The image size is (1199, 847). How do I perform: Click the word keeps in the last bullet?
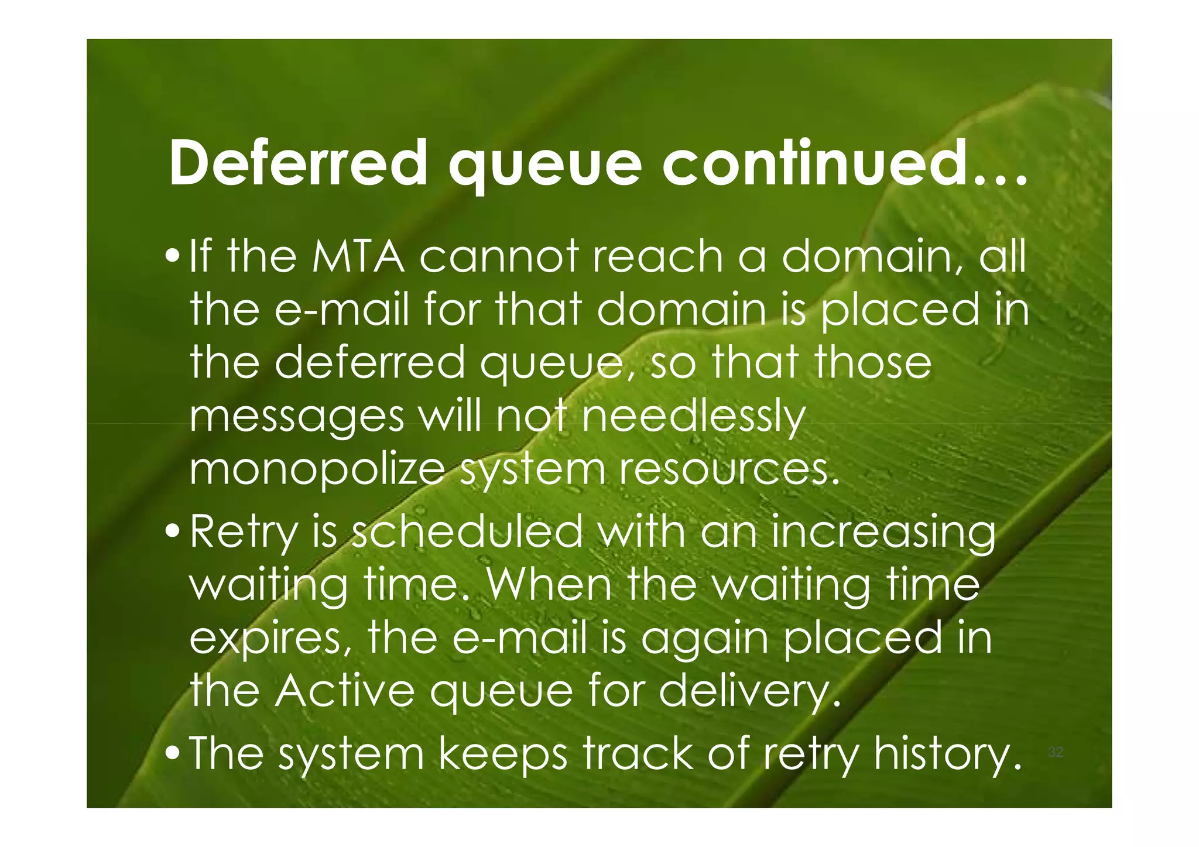click(x=503, y=754)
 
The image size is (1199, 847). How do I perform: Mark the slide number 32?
click(x=1055, y=752)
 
